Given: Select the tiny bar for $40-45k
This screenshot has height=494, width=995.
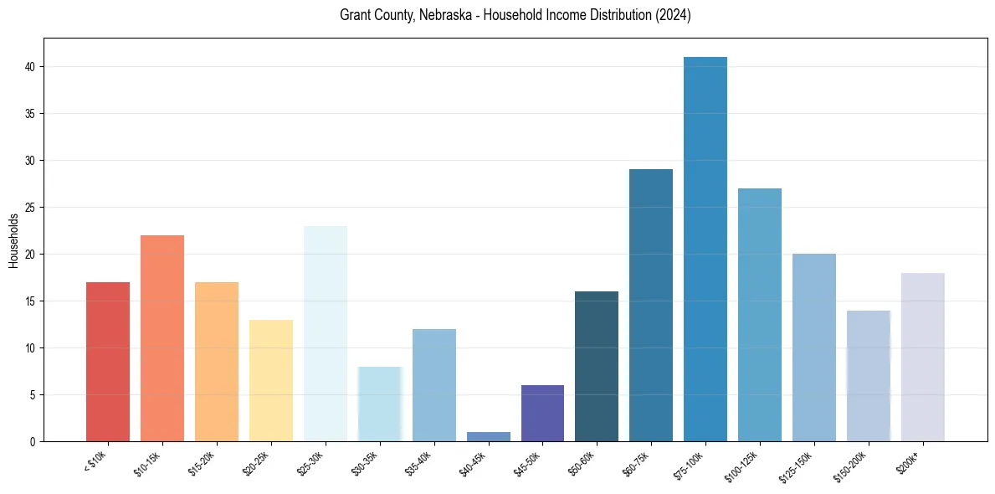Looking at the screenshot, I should pyautogui.click(x=489, y=436).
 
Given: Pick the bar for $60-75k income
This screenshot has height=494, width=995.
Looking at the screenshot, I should pyautogui.click(x=651, y=305).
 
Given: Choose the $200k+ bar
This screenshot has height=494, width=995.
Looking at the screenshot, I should pyautogui.click(x=923, y=357).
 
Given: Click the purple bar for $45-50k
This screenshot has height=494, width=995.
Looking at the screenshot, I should pyautogui.click(x=542, y=413).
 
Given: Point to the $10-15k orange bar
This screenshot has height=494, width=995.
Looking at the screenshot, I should pyautogui.click(x=162, y=338).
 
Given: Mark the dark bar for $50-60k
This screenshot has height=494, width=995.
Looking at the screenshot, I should pyautogui.click(x=597, y=366).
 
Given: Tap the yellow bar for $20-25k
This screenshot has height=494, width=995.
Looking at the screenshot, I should pyautogui.click(x=271, y=380).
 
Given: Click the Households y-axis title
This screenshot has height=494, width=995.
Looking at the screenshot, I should pyautogui.click(x=13, y=240).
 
